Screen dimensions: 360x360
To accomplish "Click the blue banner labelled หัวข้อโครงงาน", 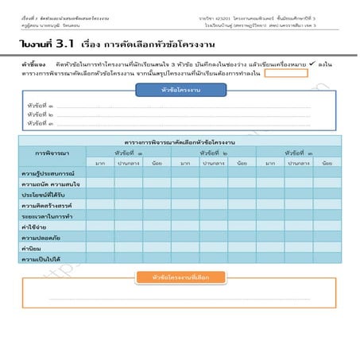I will point(179,90).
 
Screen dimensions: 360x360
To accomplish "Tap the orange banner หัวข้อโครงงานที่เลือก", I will point(180,277).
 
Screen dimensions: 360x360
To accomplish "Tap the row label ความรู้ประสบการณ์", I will point(48,172).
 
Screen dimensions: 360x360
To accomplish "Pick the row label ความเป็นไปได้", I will point(41,258).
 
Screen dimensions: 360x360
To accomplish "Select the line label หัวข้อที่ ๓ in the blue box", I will point(41,124).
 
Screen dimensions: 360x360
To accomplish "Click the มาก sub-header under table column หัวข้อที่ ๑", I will point(100,162).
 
